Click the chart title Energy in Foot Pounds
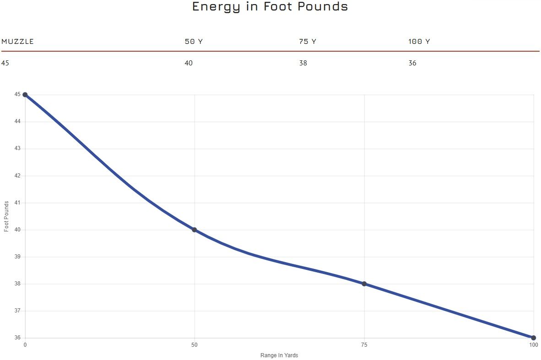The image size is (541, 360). point(270,7)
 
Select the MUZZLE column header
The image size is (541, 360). point(17,42)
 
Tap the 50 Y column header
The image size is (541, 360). point(194,42)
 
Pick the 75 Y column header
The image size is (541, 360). point(308,42)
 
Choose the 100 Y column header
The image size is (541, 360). point(419,42)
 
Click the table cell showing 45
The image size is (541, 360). point(5,63)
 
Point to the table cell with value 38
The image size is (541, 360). point(303,63)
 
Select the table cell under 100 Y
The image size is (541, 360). point(412,63)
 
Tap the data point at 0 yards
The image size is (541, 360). point(25,95)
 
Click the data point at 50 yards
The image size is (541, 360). point(195,230)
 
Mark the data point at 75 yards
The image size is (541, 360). point(364,284)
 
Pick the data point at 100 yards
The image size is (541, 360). point(534,338)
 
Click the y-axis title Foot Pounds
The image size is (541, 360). point(6,216)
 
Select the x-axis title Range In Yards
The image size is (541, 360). point(279,355)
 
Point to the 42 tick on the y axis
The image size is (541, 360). point(17,176)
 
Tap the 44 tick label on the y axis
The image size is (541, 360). point(17,122)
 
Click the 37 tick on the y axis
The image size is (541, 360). point(17,311)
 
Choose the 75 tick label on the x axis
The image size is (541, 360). point(364,345)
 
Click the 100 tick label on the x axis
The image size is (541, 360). point(534,345)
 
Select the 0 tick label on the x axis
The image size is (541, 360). point(25,345)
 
